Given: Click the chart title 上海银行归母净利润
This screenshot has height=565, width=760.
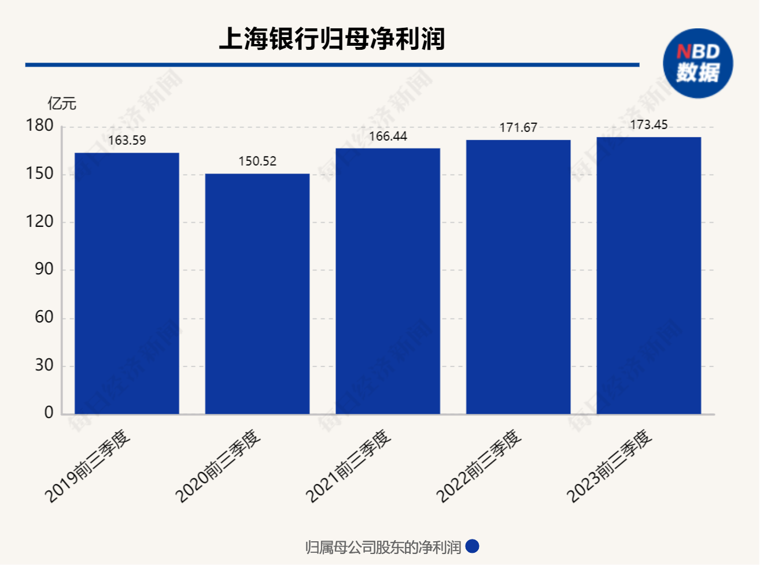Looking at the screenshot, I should click(332, 39).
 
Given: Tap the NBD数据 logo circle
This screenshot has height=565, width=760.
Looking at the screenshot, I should click(698, 64).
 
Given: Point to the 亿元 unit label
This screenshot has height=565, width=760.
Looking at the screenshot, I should click(62, 104).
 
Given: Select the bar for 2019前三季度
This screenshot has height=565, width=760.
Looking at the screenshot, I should click(127, 284).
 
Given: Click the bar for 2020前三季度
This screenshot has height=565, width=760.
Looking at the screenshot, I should click(257, 294).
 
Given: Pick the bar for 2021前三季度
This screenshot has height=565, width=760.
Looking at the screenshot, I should click(388, 281).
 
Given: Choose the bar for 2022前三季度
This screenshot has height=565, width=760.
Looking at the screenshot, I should click(518, 277).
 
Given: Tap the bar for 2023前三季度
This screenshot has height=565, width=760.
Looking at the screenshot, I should click(648, 276).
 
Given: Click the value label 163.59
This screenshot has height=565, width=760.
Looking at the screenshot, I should click(127, 141).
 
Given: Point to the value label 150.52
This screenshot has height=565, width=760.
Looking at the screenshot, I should click(257, 162).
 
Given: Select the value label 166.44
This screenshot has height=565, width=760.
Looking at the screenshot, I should click(388, 137).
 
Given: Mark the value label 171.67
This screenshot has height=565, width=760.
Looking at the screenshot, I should click(518, 128).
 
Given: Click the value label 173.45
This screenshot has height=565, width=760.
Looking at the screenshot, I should click(649, 125).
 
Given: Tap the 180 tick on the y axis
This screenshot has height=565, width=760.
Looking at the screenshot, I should click(39, 125).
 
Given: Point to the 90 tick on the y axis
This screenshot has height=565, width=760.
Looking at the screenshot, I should click(44, 269).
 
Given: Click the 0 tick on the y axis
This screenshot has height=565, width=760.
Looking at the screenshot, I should click(49, 413).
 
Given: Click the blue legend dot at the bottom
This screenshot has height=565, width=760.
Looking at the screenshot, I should click(473, 546).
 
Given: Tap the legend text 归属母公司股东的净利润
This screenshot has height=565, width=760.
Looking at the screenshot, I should click(383, 547).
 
